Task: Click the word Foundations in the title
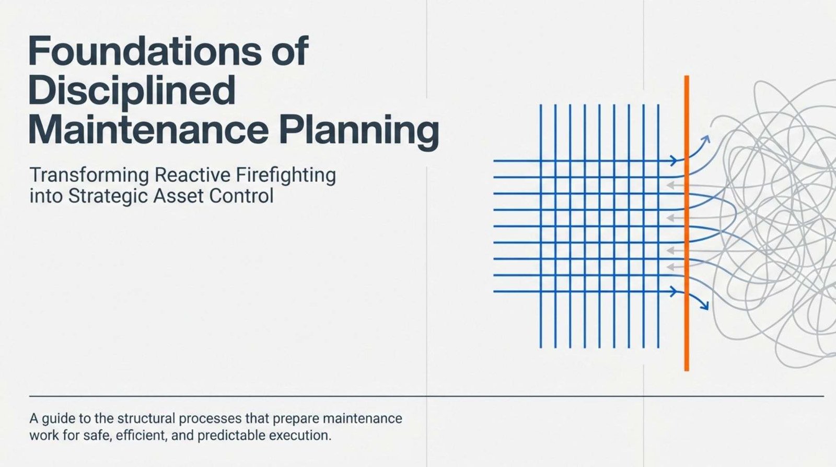[145, 51]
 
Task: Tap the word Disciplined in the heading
[132, 90]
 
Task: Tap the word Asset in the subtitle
[178, 196]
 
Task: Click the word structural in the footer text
[146, 418]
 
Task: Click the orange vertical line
[687, 223]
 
